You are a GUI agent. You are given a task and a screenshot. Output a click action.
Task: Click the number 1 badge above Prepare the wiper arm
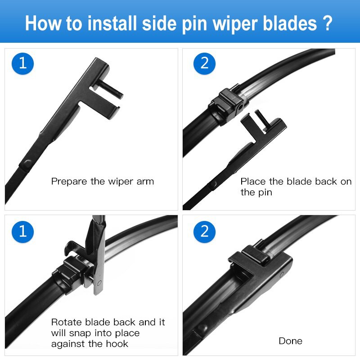22,63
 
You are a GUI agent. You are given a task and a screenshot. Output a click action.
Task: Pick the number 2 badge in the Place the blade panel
205,63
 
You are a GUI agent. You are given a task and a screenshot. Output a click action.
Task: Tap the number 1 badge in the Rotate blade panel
22,231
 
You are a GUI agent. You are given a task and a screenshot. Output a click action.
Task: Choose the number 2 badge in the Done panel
205,231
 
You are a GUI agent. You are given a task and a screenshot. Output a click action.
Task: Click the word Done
290,341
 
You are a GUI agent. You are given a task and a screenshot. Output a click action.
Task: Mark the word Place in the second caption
253,182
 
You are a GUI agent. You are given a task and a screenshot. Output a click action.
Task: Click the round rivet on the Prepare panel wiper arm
27,163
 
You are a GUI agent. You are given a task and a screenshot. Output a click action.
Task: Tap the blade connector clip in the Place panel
228,104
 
